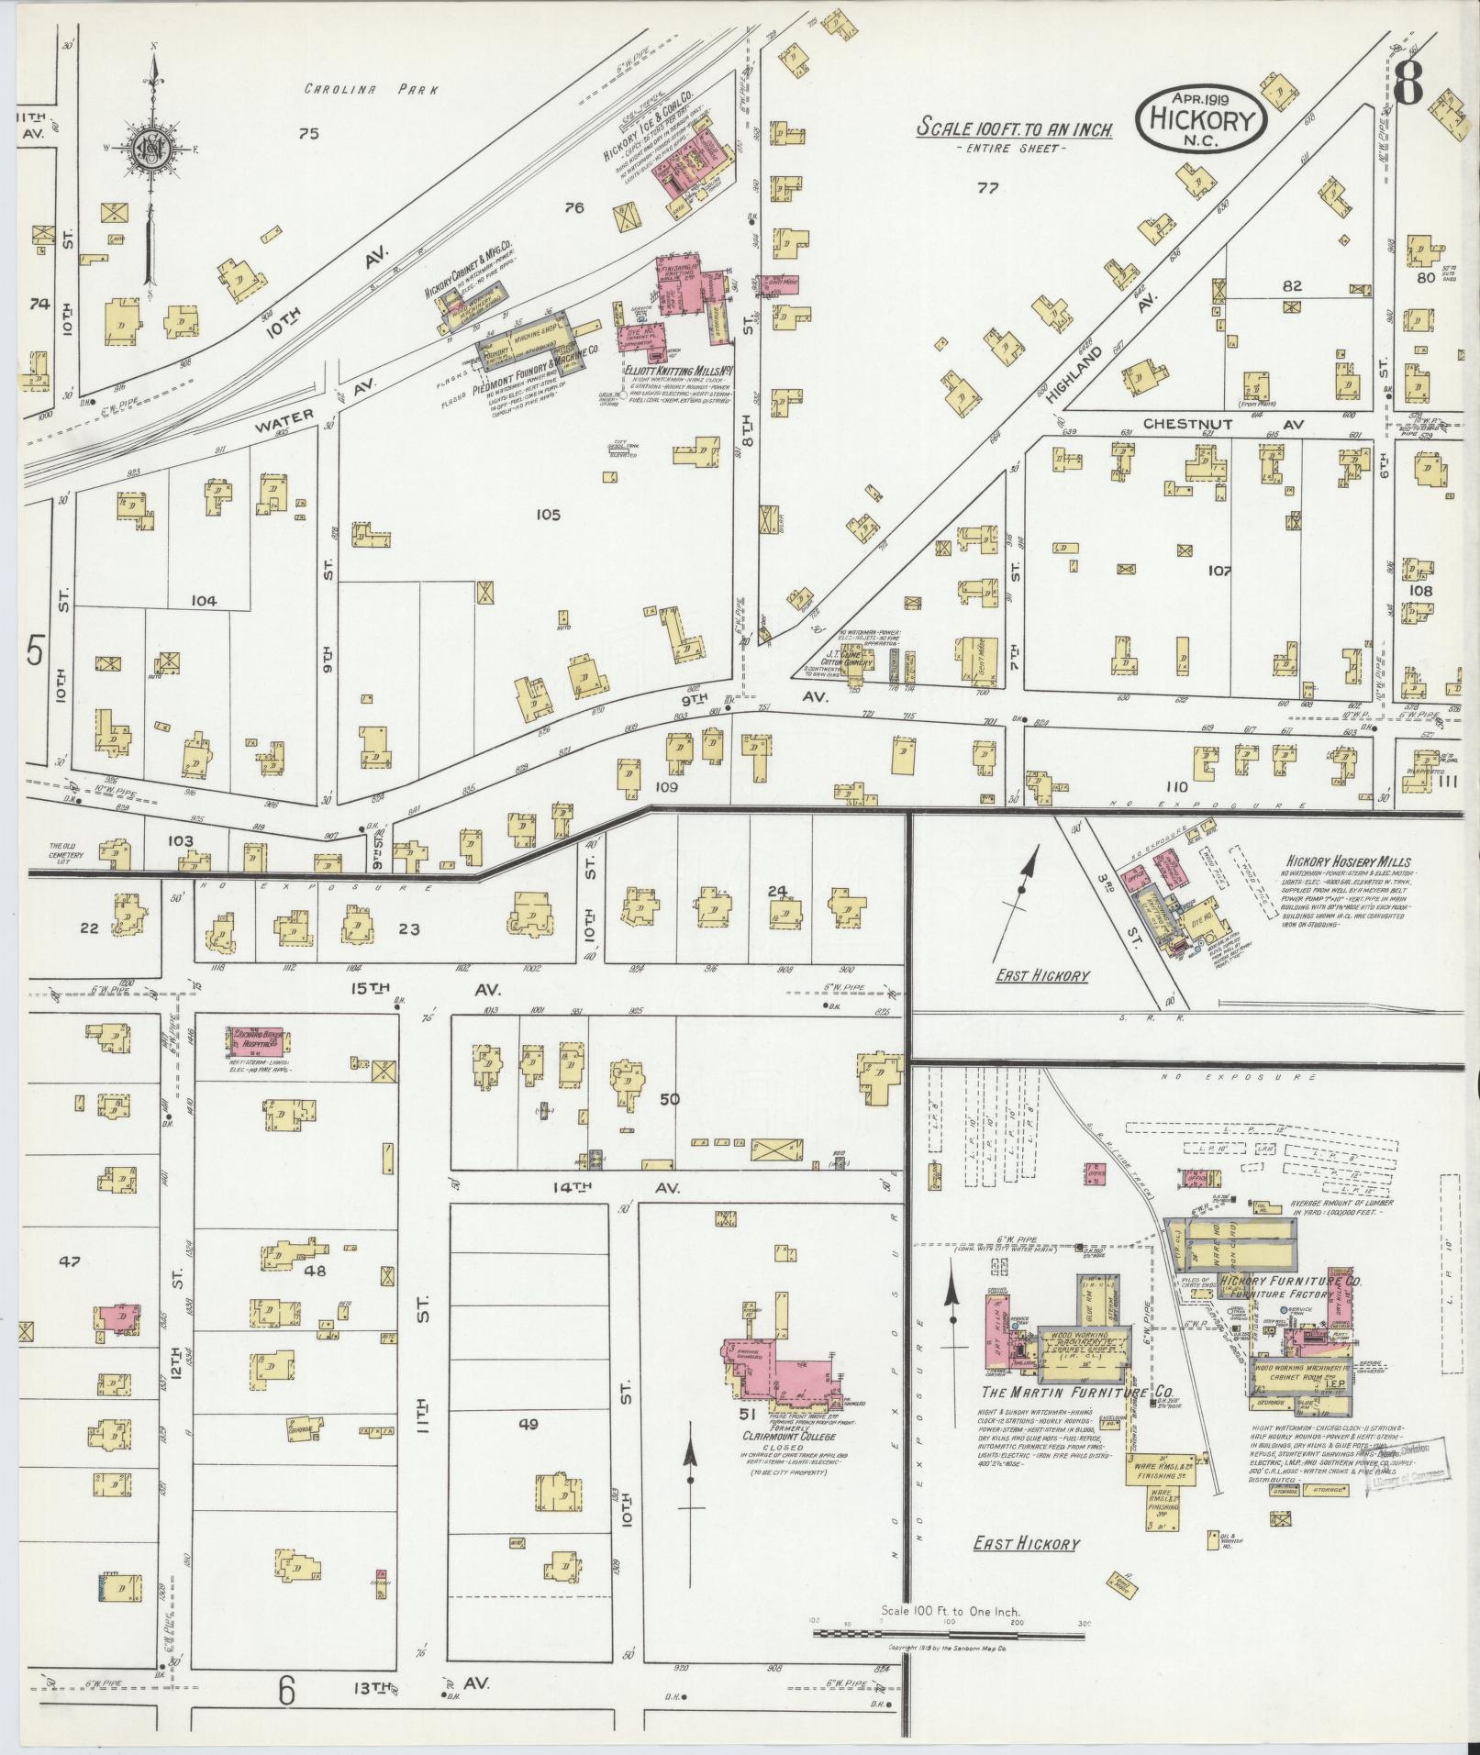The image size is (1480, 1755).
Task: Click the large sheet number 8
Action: (1407, 85)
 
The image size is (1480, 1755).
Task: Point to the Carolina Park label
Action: (372, 90)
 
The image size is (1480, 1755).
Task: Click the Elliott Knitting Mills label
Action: (677, 374)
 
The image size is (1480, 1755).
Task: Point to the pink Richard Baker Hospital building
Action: (258, 1042)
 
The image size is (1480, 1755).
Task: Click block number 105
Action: (548, 515)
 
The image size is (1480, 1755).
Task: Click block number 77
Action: (987, 189)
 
